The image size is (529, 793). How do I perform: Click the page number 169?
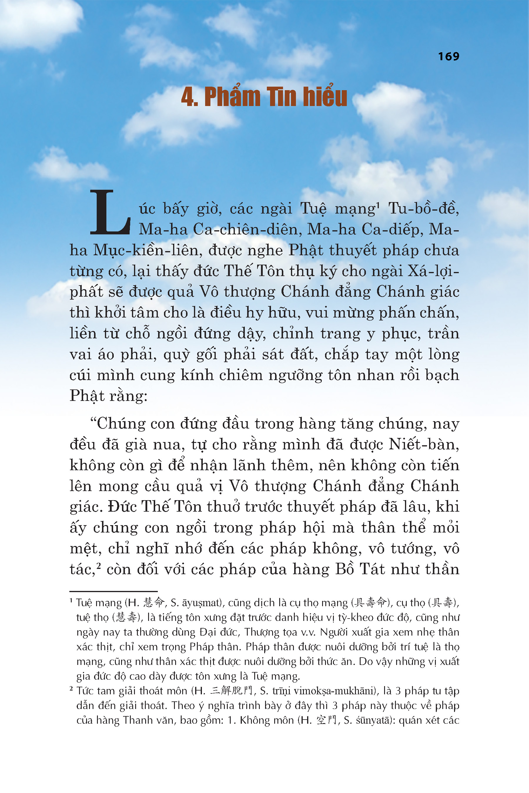(x=448, y=56)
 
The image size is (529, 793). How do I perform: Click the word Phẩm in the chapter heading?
(x=232, y=97)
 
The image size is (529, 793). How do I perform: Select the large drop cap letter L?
(x=110, y=212)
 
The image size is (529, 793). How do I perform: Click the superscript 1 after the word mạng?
(x=378, y=205)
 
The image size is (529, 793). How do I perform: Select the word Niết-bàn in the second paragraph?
(x=423, y=444)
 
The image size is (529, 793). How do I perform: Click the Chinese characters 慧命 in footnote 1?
(x=153, y=602)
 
